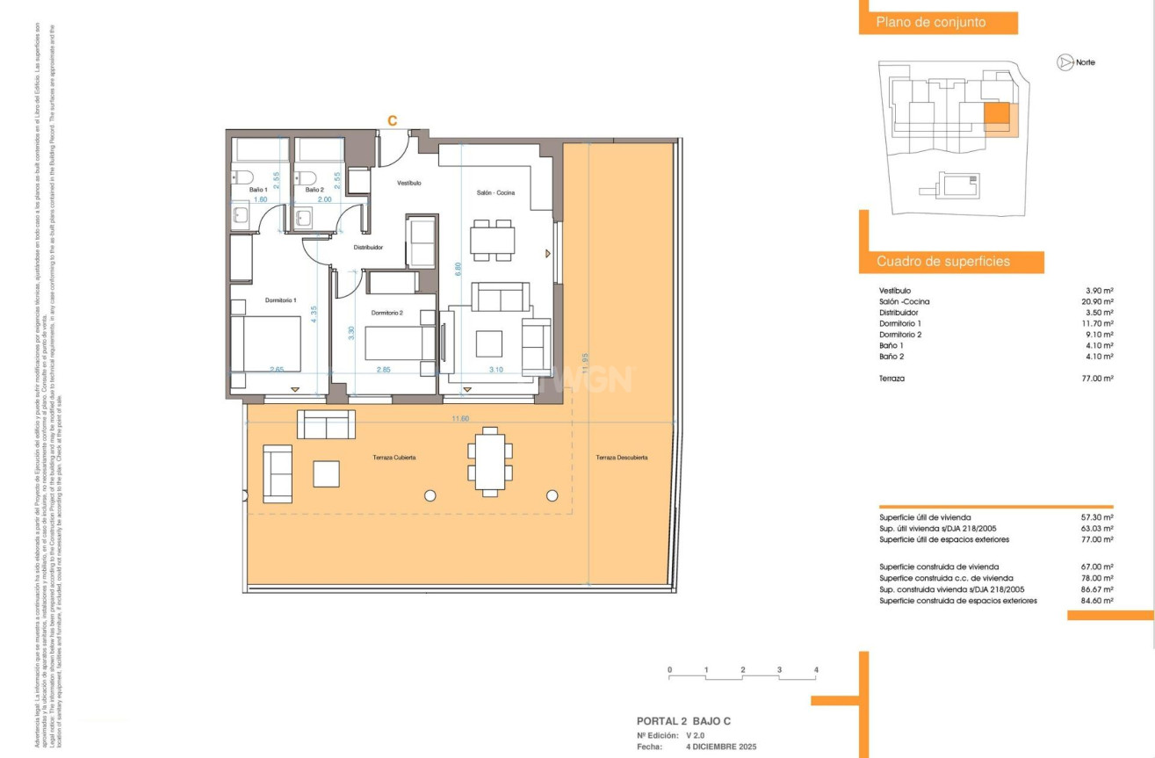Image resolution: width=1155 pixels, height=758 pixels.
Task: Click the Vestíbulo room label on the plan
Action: click(x=408, y=184)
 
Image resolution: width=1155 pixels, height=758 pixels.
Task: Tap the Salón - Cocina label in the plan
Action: click(x=495, y=192)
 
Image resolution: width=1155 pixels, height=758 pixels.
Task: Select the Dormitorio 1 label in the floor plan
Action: click(x=281, y=300)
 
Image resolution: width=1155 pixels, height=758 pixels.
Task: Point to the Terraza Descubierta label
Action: click(x=621, y=458)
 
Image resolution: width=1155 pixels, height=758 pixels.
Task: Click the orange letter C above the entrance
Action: click(x=393, y=120)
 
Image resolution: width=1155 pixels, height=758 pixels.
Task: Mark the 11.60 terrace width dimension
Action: click(x=460, y=419)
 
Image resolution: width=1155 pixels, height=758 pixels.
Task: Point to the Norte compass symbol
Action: click(x=1064, y=62)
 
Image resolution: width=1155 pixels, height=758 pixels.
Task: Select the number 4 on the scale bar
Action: click(x=816, y=670)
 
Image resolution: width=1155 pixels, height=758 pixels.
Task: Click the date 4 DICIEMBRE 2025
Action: click(x=720, y=747)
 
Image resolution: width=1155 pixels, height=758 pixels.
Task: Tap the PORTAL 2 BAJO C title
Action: click(x=683, y=721)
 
